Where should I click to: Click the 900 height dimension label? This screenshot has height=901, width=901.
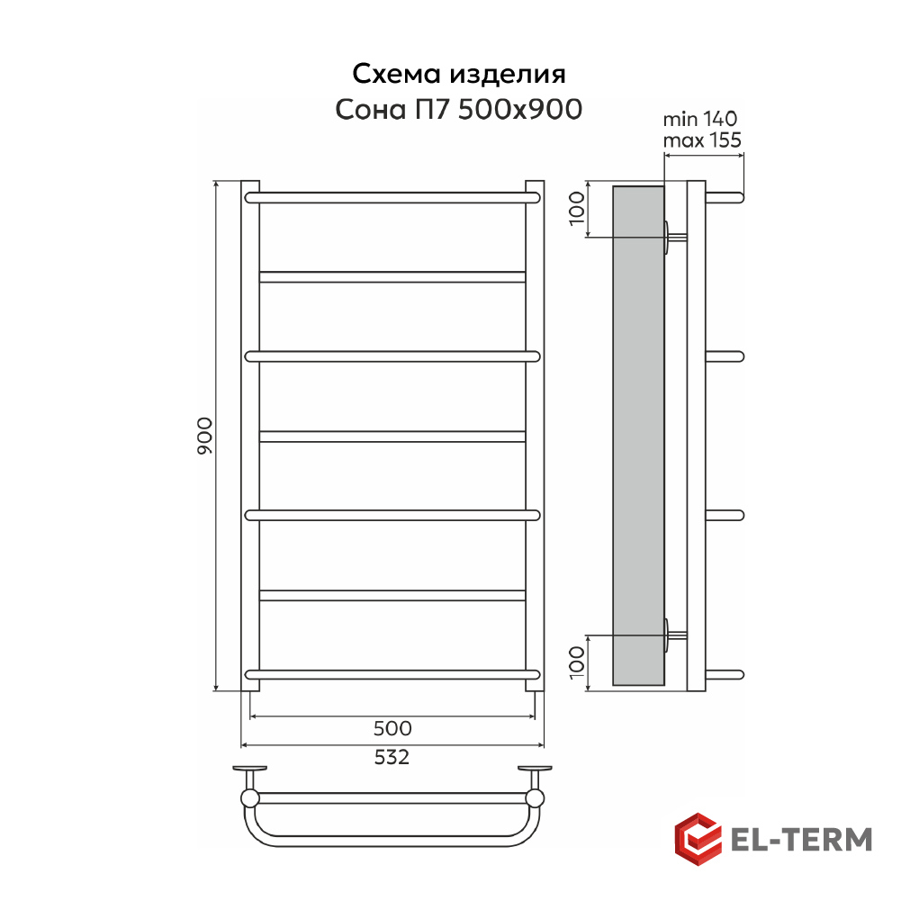tap(204, 437)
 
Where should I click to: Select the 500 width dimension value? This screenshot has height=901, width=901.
tap(392, 728)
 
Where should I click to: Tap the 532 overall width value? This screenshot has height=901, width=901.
tap(392, 757)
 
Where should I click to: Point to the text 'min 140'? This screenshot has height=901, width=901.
tap(700, 119)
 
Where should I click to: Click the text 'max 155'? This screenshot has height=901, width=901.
tap(701, 140)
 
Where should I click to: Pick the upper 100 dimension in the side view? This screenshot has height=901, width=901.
tap(576, 209)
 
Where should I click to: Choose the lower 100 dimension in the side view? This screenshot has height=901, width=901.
tap(576, 662)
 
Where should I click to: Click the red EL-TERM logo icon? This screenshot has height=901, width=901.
tap(698, 839)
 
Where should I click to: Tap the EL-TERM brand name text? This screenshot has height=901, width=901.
tap(801, 840)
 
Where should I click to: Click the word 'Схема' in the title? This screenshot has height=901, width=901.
tap(396, 74)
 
